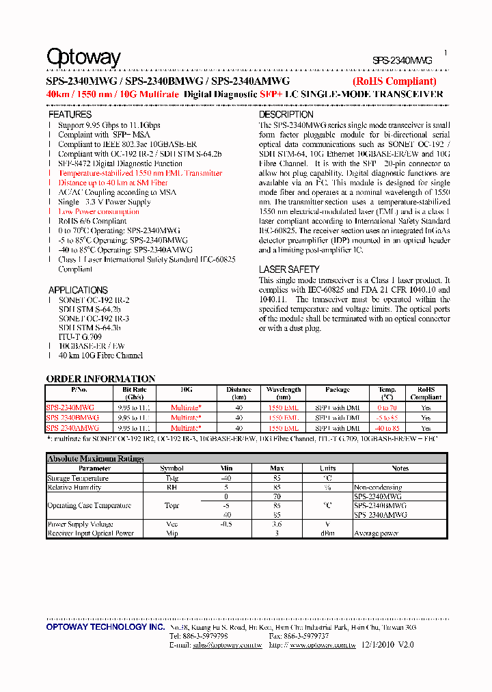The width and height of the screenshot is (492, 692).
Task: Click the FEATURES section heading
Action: (70, 115)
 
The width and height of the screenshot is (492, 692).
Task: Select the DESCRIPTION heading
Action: (286, 115)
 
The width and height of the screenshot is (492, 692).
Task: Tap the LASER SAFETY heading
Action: (288, 270)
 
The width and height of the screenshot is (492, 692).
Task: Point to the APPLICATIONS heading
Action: (78, 290)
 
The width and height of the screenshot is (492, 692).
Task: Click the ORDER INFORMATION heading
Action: (100, 379)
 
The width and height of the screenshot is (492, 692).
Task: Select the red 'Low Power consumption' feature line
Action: (98, 212)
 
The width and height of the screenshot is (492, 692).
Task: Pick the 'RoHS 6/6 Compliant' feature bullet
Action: (92, 222)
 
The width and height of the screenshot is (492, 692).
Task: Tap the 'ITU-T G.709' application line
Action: (80, 336)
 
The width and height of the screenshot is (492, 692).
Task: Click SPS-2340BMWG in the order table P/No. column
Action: (72, 417)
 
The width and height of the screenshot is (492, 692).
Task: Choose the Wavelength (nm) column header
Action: (284, 393)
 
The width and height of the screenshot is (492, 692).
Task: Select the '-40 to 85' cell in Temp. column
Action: (387, 428)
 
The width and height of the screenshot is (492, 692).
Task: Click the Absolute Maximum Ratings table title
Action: (95, 459)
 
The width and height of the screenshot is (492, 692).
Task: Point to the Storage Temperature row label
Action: (78, 478)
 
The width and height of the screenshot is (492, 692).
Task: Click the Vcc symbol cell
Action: (172, 524)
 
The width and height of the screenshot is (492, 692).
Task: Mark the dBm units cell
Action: (327, 533)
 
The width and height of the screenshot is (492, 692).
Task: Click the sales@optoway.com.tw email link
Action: (227, 645)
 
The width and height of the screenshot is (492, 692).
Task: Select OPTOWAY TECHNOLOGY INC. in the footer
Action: (105, 627)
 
